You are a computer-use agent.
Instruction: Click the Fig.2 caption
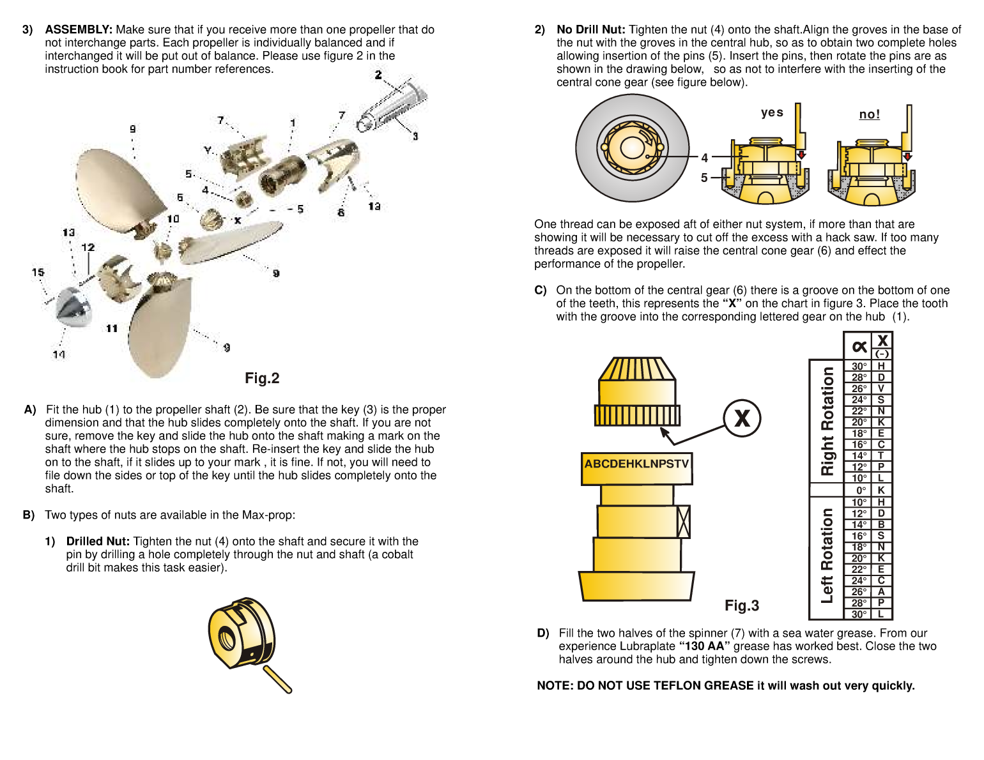point(262,378)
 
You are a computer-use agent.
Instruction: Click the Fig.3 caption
point(741,605)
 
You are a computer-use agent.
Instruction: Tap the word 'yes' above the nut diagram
point(772,112)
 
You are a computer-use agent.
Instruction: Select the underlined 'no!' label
point(869,114)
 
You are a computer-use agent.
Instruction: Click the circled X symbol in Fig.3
point(742,418)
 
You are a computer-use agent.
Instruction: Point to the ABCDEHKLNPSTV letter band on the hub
point(636,464)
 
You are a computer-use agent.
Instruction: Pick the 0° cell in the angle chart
point(860,490)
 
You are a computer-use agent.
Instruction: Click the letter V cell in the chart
point(881,388)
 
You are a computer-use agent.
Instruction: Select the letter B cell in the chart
point(881,524)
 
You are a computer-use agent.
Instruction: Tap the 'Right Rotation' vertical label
point(827,422)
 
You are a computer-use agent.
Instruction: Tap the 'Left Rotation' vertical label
point(827,556)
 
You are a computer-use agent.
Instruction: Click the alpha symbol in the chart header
point(859,346)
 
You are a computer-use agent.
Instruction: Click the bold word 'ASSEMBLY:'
point(79,29)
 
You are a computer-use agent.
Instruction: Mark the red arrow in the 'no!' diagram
point(907,156)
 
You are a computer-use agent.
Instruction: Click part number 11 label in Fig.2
point(112,328)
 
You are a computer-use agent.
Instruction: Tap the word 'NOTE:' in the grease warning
point(555,685)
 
